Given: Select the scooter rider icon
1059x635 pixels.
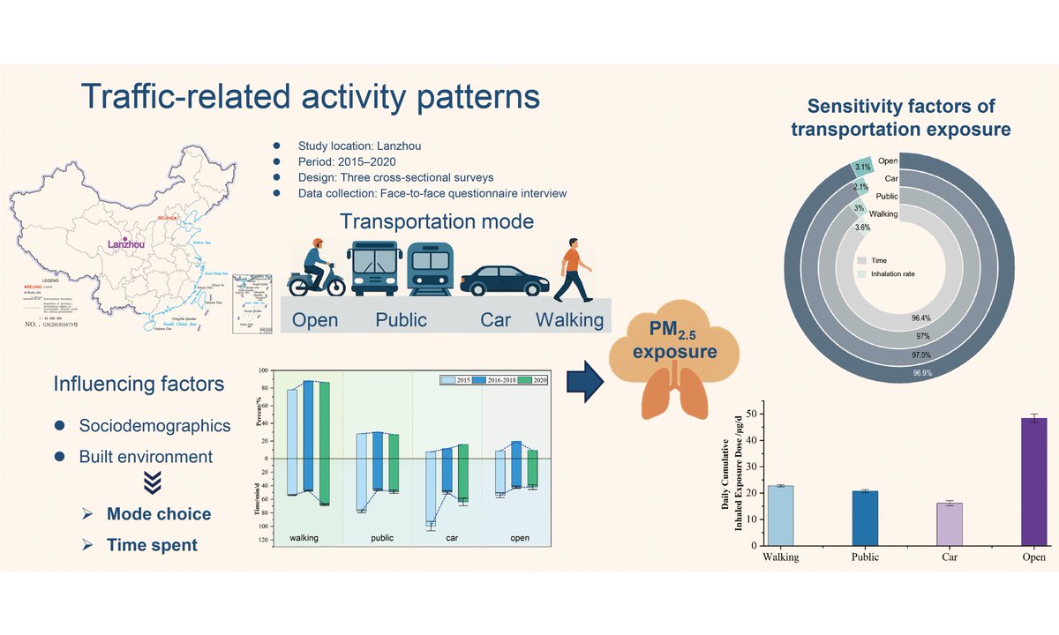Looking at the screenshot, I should click(x=316, y=268).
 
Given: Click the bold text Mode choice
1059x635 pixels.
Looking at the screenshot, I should click(x=159, y=514).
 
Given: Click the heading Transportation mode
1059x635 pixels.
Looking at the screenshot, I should click(x=437, y=220).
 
